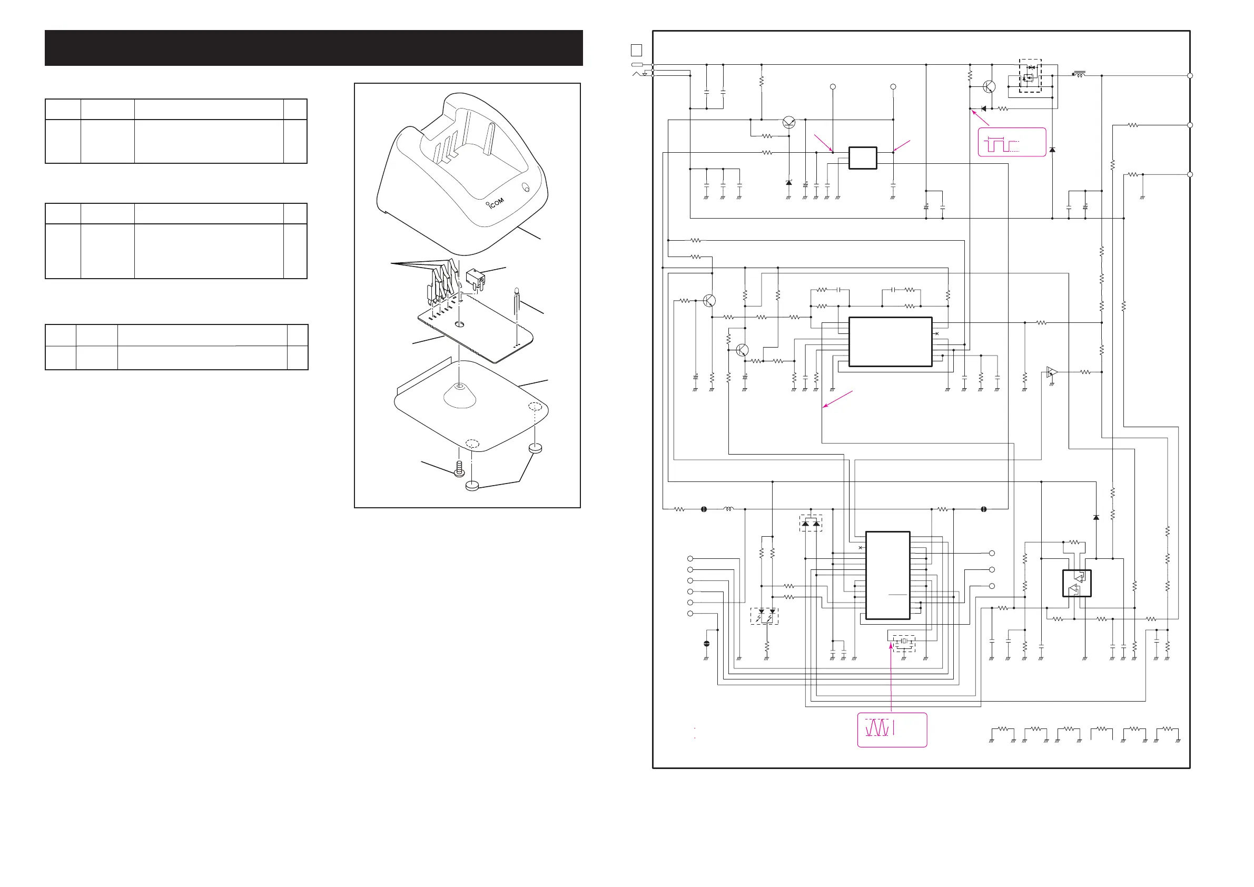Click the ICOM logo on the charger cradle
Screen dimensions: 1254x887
click(x=496, y=203)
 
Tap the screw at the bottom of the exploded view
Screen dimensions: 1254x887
click(x=459, y=468)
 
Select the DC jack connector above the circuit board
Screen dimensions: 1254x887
click(x=475, y=279)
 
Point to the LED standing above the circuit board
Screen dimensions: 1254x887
click(x=516, y=301)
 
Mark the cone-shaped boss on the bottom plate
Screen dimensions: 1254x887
click(x=460, y=396)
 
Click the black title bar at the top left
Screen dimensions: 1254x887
click(x=313, y=48)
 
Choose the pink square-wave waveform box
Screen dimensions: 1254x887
click(x=1012, y=143)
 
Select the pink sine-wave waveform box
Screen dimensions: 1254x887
click(x=892, y=730)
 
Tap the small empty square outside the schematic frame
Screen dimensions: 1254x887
click(x=636, y=50)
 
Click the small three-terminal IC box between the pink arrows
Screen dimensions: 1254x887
click(x=862, y=158)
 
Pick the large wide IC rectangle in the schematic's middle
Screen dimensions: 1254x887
click(x=890, y=342)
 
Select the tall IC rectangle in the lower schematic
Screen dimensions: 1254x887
click(x=887, y=575)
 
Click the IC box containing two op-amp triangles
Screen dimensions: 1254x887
click(x=1077, y=583)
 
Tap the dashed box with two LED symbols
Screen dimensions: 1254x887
click(x=764, y=616)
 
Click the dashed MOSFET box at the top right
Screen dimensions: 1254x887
click(x=1030, y=76)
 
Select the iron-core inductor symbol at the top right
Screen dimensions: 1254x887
click(x=1079, y=74)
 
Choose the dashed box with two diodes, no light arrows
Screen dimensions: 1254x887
click(x=811, y=523)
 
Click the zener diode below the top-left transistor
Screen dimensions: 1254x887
click(x=788, y=182)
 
